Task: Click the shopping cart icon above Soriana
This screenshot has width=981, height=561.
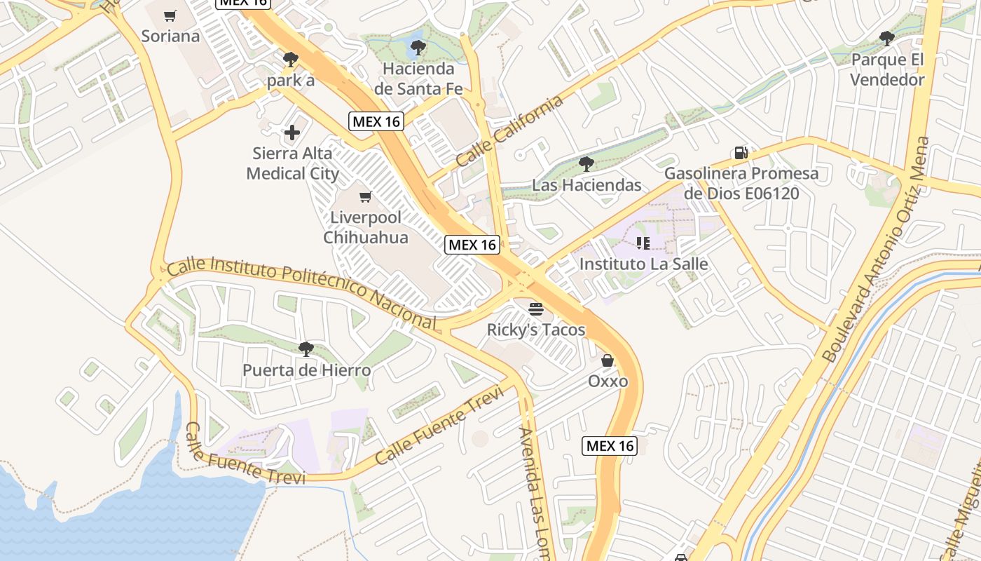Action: pyautogui.click(x=170, y=15)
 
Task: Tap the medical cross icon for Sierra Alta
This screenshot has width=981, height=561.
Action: pyautogui.click(x=292, y=132)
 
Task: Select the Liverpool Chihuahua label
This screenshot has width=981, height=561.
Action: pyautogui.click(x=365, y=227)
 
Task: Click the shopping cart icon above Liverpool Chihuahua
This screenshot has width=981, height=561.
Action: pyautogui.click(x=365, y=197)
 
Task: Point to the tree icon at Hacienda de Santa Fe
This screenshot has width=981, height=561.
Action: pyautogui.click(x=418, y=48)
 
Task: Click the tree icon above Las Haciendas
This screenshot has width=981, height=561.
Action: pyautogui.click(x=586, y=164)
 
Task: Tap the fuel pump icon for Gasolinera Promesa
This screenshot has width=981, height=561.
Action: pyautogui.click(x=741, y=152)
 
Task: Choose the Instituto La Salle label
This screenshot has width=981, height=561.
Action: pyautogui.click(x=643, y=264)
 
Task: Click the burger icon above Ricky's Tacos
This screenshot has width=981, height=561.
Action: pyautogui.click(x=536, y=309)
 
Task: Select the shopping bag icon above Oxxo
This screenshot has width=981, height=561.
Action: pyautogui.click(x=608, y=360)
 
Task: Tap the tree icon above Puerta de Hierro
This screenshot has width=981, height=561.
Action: pyautogui.click(x=306, y=349)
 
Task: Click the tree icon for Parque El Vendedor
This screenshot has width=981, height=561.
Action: pyautogui.click(x=887, y=38)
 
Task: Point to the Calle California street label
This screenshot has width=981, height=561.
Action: pyautogui.click(x=509, y=131)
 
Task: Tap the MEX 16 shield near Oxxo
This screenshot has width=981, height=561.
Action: pyautogui.click(x=610, y=445)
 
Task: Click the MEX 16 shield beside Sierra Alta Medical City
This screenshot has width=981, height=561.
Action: pyautogui.click(x=376, y=121)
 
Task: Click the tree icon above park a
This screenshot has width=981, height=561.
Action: pyautogui.click(x=291, y=59)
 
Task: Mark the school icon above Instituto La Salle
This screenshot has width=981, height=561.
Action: pyautogui.click(x=643, y=243)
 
